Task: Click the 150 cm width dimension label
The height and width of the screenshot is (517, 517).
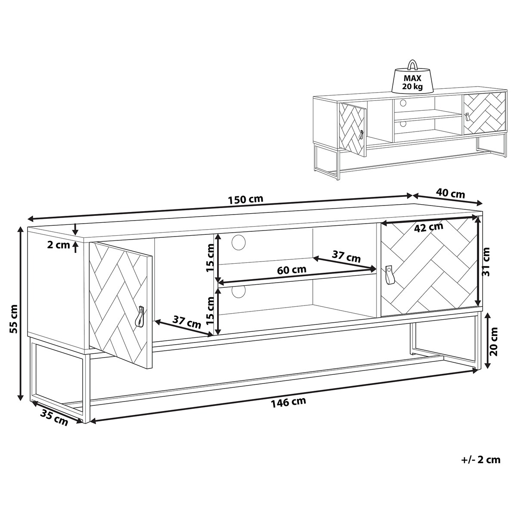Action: coord(245,199)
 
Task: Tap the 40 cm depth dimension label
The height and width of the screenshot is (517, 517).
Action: coord(450,193)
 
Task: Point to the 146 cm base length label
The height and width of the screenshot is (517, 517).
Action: coord(288,410)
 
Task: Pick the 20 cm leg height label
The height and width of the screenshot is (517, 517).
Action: coord(493,342)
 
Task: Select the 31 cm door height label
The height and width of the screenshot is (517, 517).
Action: coord(486,262)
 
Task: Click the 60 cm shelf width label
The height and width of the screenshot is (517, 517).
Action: coord(292,270)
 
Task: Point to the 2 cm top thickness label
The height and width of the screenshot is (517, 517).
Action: coord(59,245)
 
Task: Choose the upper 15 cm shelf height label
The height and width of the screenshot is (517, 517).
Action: coord(211,258)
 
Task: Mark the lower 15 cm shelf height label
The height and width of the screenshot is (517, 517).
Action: coord(211,310)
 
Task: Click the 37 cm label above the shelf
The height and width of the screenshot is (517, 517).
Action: coord(346,256)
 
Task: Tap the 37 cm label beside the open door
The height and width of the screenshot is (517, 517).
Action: coord(187,322)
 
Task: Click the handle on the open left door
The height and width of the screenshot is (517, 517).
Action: coord(140,317)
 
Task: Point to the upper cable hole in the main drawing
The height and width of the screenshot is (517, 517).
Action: coord(239,242)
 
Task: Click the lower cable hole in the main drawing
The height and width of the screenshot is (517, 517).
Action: coord(239,292)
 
